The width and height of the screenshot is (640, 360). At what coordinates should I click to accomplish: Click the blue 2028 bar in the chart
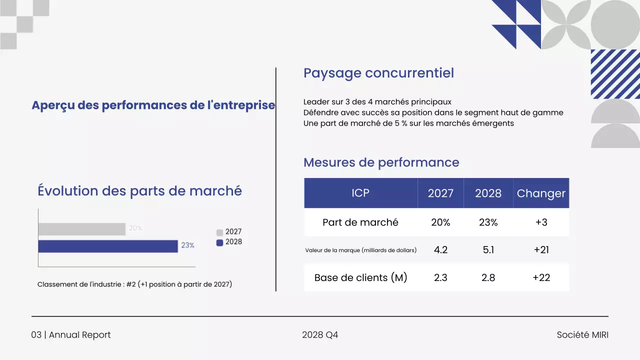click(x=108, y=246)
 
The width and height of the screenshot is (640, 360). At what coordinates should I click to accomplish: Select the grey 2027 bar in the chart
click(x=81, y=229)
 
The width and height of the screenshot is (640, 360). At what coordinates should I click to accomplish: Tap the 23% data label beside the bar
click(x=187, y=245)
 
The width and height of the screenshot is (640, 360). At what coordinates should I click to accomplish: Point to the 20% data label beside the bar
click(x=135, y=228)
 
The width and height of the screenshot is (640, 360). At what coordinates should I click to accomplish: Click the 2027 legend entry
click(x=229, y=232)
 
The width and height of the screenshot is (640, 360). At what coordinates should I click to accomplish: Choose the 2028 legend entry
click(x=229, y=242)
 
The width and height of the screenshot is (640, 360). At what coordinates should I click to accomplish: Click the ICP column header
click(x=360, y=193)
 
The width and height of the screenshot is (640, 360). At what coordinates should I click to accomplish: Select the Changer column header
click(x=541, y=193)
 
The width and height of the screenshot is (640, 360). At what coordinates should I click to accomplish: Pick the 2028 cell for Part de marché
click(x=488, y=222)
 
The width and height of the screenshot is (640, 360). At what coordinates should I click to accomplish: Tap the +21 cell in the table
click(x=541, y=250)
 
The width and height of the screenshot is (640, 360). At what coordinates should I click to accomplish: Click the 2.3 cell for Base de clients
click(x=440, y=277)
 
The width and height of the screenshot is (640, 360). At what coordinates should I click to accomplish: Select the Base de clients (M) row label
click(x=360, y=277)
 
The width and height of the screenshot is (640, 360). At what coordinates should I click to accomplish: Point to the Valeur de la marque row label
click(x=360, y=250)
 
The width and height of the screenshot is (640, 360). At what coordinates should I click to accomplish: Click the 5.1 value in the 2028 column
click(x=488, y=250)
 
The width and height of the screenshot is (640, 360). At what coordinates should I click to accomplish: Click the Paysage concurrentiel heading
click(x=378, y=73)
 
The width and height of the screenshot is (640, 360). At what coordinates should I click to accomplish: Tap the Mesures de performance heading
click(x=381, y=162)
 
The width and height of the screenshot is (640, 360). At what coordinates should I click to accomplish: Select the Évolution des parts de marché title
click(x=139, y=191)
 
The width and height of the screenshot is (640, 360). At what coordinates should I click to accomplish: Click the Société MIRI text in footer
click(x=582, y=335)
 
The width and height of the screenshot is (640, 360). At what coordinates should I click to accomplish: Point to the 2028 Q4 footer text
click(x=320, y=335)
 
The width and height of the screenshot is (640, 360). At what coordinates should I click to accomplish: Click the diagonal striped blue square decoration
click(x=615, y=74)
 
